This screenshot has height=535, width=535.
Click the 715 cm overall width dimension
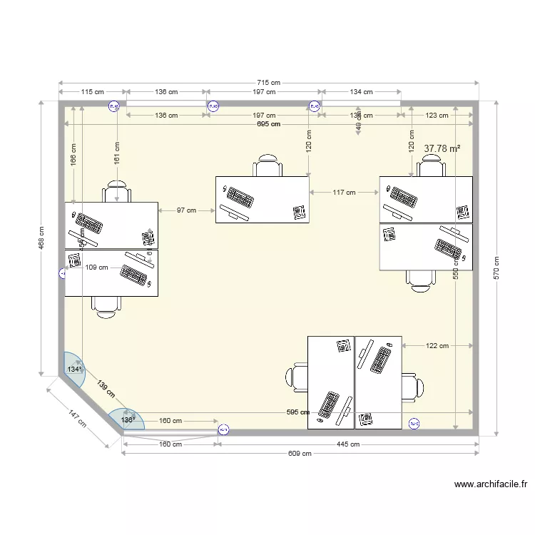tap(269, 83)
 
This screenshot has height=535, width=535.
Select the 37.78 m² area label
tap(442, 148)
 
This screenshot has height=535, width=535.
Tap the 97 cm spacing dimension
tap(186, 210)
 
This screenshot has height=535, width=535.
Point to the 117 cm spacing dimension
tap(344, 192)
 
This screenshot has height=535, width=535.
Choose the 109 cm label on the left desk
tap(96, 267)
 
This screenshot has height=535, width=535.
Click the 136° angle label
tap(127, 420)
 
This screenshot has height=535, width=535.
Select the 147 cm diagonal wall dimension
tap(78, 418)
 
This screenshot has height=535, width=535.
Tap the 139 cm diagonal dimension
tap(106, 389)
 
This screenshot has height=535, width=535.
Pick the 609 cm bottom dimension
tap(300, 453)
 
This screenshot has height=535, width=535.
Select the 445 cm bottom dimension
tap(347, 444)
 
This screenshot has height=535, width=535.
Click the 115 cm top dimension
tap(93, 91)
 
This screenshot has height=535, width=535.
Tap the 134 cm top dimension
tap(361, 91)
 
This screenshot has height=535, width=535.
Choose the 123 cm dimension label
tap(437, 116)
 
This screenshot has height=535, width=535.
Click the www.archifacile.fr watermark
tap(490, 484)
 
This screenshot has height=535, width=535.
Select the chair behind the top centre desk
tap(267, 165)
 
